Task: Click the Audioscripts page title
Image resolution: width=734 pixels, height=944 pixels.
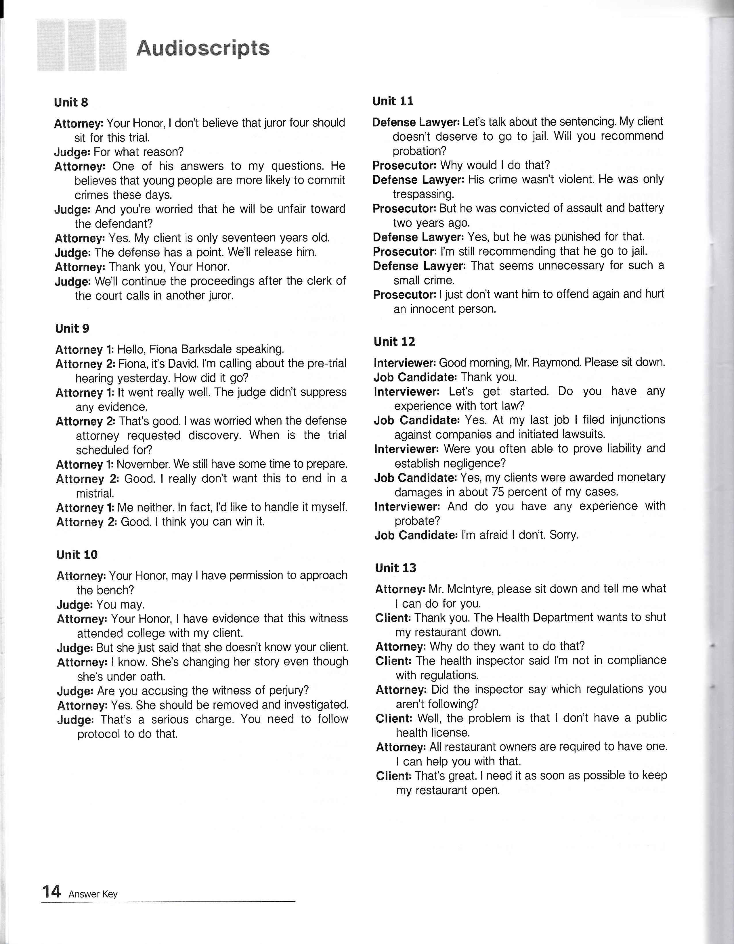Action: [203, 48]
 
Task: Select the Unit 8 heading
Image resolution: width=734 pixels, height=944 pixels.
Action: [71, 102]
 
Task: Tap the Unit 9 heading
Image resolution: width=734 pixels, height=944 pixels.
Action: [72, 329]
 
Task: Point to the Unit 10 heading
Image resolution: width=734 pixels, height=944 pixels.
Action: [77, 554]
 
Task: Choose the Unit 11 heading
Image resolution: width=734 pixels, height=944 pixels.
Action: [393, 101]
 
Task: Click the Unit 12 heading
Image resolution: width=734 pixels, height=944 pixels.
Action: [394, 342]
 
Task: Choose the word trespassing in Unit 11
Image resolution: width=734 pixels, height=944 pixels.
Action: [423, 194]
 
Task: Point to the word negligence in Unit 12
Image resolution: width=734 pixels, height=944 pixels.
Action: [473, 463]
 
